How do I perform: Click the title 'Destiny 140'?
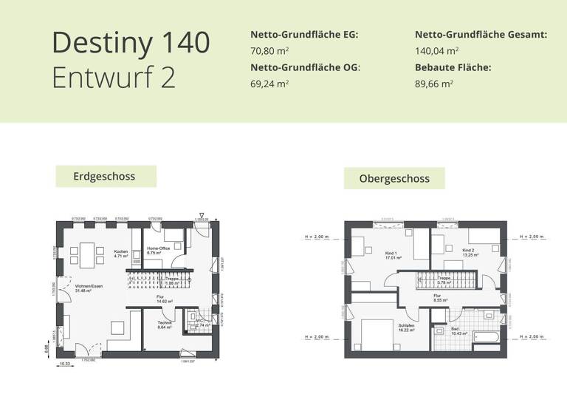click(131, 43)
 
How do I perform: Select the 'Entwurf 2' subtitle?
click(114, 78)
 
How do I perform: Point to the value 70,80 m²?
click(269, 51)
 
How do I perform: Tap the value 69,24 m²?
click(269, 84)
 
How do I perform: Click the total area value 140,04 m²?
click(437, 51)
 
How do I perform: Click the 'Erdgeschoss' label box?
click(106, 177)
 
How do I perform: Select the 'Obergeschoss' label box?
click(394, 178)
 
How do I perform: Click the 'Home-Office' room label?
click(158, 248)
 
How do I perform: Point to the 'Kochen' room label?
click(121, 253)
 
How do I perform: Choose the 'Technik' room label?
click(165, 323)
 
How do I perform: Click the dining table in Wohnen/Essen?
click(88, 255)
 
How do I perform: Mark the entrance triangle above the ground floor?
click(202, 214)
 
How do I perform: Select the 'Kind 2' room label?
click(467, 251)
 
